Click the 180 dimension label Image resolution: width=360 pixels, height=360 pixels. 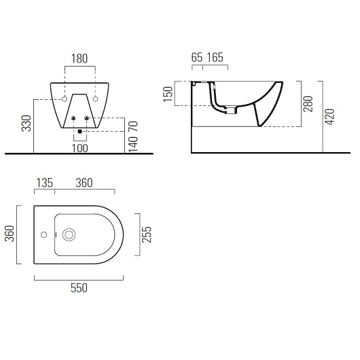click(79, 58)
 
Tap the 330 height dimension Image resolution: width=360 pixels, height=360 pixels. click(26, 124)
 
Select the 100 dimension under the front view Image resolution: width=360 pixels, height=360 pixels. click(80, 148)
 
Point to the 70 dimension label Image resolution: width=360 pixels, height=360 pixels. click(133, 126)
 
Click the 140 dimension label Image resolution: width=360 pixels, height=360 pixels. click(133, 145)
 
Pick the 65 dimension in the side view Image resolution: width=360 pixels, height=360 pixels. click(197, 58)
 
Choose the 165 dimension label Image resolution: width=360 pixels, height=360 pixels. click(215, 58)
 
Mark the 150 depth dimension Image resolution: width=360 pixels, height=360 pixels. click(168, 94)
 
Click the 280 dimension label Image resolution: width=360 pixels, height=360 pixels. click(308, 104)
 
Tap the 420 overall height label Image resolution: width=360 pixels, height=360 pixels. click(329, 117)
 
